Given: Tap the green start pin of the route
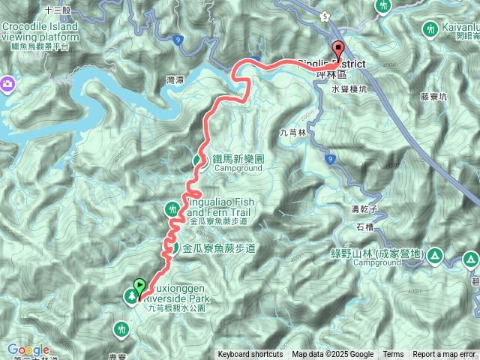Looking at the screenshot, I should (139, 286).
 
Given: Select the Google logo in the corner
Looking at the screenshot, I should (28, 350).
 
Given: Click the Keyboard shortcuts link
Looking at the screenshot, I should (250, 355).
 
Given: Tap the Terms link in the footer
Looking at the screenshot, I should (393, 355).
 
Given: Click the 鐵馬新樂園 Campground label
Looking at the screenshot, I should (238, 163).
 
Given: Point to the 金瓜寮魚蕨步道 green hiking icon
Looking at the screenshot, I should (171, 247).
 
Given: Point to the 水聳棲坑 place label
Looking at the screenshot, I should (349, 88).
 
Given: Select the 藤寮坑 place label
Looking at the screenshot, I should (433, 96).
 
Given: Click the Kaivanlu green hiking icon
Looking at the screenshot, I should (430, 30).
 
